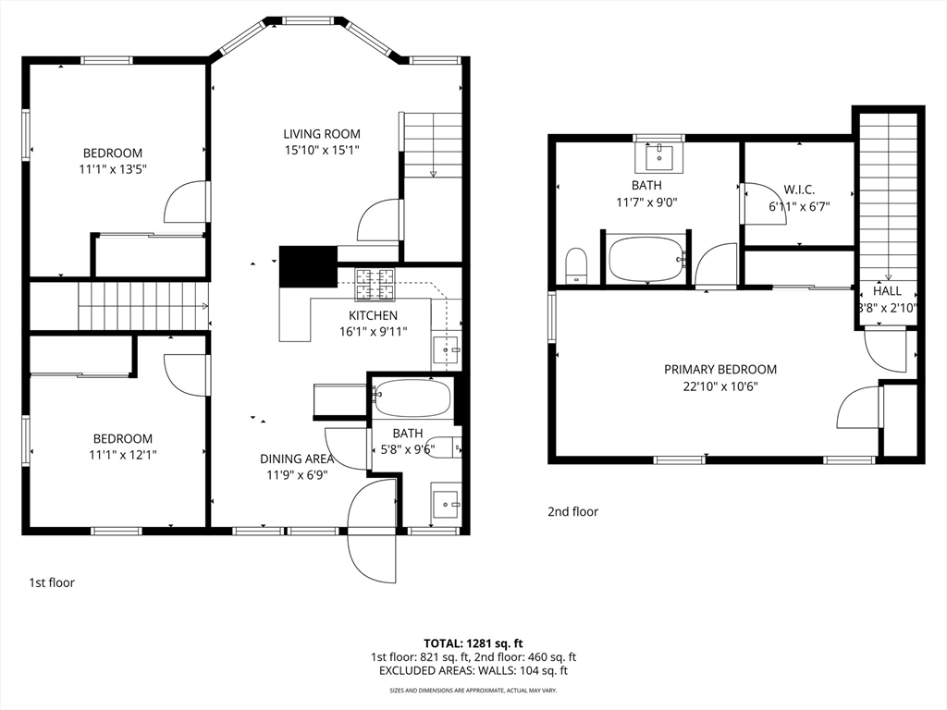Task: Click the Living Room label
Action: point(322,134)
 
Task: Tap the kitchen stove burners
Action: point(375,285)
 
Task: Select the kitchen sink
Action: point(447,349)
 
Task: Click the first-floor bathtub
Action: point(412,398)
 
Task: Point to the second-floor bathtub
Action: point(647,259)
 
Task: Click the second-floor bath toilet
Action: point(577,265)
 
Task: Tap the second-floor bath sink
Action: point(658,157)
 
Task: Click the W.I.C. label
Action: point(799,190)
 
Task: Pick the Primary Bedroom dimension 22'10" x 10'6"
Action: point(720,386)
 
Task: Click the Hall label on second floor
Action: point(887,291)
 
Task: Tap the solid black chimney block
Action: point(308,266)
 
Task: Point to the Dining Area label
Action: point(297,459)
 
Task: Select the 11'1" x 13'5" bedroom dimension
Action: point(113,169)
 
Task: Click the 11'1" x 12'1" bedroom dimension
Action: point(123,455)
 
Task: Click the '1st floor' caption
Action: point(52,582)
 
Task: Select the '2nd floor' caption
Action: point(572,512)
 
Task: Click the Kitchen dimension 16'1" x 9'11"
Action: point(374,332)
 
